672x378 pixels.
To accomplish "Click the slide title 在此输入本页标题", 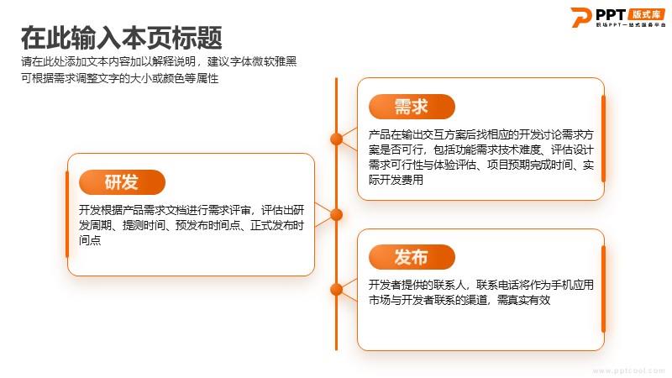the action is coord(121,38).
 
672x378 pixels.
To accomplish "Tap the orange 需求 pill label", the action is coord(412,107).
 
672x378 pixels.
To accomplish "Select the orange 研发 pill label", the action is coord(122,182).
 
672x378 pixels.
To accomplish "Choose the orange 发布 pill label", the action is coord(412,257).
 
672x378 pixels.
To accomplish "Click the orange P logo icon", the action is coord(580,17).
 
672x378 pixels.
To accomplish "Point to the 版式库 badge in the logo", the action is coord(647,14).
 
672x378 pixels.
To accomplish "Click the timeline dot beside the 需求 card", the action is coord(337,139).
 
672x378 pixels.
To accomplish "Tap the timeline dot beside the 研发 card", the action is coord(337,214).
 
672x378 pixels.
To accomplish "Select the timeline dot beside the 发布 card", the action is coord(337,290).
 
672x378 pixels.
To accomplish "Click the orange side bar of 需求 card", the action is coord(603,139).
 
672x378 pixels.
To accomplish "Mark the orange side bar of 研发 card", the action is coord(67,214).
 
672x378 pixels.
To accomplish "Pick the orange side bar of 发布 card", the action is coord(603,290).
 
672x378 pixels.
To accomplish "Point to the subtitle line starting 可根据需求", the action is coord(119,78).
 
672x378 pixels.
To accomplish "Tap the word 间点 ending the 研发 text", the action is coord(90,240).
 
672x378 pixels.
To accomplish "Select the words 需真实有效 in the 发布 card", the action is coord(523,300).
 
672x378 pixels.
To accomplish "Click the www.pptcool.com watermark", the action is coord(628,370).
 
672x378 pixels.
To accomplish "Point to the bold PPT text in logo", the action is coord(611,14).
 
